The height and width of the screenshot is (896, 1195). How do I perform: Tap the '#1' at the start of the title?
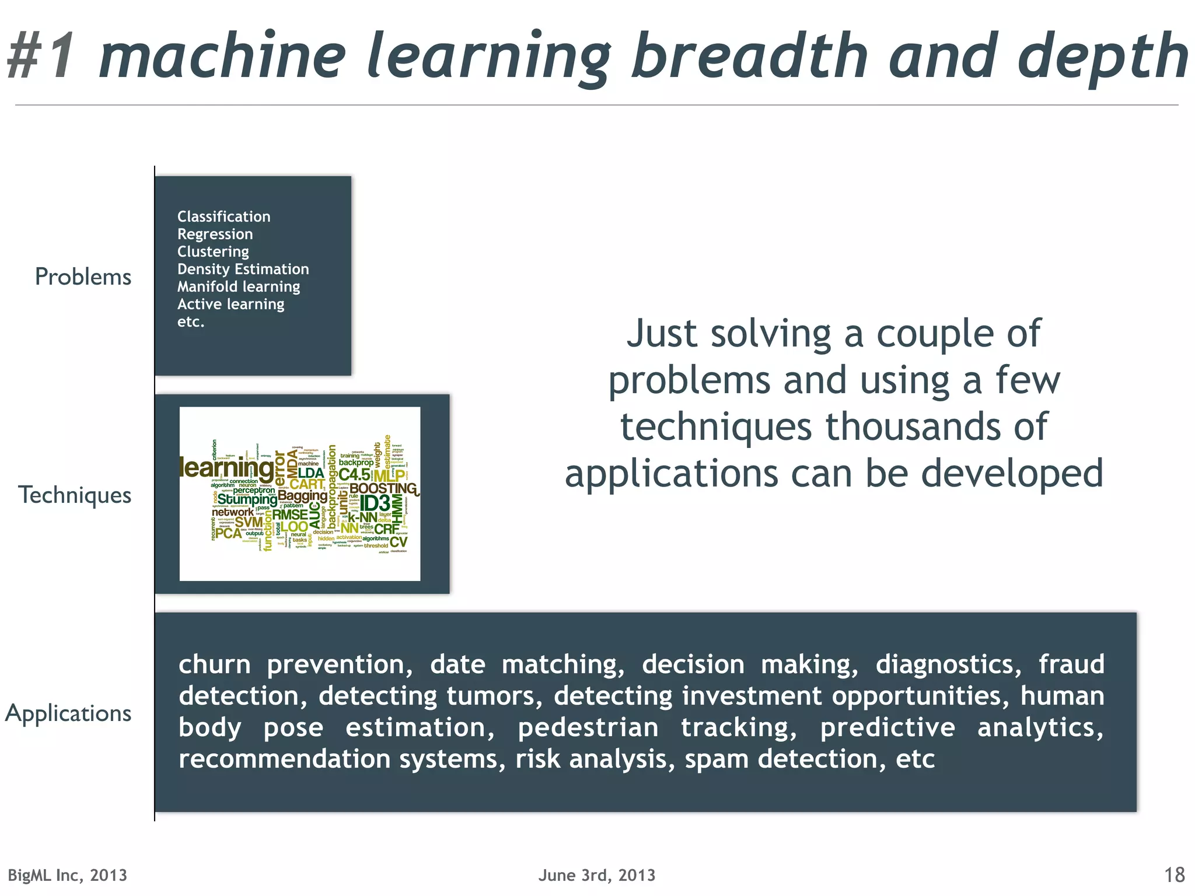pyautogui.click(x=42, y=57)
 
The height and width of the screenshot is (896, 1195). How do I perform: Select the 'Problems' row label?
pyautogui.click(x=83, y=277)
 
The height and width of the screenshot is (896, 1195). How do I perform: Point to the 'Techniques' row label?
pyautogui.click(x=75, y=495)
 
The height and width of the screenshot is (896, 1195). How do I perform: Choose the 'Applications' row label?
pyautogui.click(x=68, y=713)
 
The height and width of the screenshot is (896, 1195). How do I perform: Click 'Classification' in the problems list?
pyautogui.click(x=223, y=217)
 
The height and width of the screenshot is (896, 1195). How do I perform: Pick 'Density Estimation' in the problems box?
pyautogui.click(x=243, y=269)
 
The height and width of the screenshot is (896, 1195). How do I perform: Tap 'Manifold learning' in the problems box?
pyautogui.click(x=238, y=287)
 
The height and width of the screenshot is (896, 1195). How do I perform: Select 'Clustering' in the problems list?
pyautogui.click(x=213, y=252)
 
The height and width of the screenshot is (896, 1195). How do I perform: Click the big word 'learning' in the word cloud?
pyautogui.click(x=226, y=468)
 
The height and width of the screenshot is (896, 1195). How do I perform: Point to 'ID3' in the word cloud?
pyautogui.click(x=375, y=503)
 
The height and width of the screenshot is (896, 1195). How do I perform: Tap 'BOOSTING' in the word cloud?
pyautogui.click(x=383, y=488)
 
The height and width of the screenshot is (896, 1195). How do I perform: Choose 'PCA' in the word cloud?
pyautogui.click(x=228, y=533)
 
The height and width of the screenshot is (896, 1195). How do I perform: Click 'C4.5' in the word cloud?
pyautogui.click(x=354, y=475)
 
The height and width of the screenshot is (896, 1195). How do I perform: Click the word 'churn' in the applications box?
pyautogui.click(x=214, y=665)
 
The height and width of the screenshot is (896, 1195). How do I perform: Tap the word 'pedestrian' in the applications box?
pyautogui.click(x=588, y=728)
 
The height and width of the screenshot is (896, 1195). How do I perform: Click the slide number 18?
pyautogui.click(x=1174, y=875)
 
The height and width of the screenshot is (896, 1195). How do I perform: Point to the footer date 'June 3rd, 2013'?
pyautogui.click(x=597, y=875)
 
